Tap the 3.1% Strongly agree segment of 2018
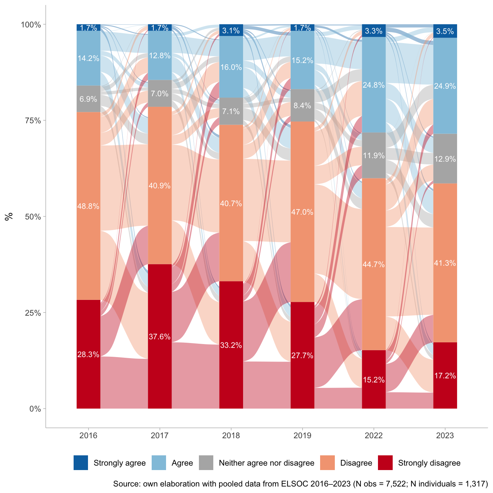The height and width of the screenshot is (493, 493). click(x=231, y=30)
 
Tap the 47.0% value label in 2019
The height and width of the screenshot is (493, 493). click(x=302, y=212)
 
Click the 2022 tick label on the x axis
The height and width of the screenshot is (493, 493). click(x=374, y=436)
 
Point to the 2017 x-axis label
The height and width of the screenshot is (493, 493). click(x=160, y=436)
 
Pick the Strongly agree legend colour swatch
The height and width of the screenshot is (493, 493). click(x=81, y=463)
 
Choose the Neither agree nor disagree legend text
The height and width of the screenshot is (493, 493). click(x=266, y=463)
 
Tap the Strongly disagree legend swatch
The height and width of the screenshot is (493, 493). click(x=385, y=463)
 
